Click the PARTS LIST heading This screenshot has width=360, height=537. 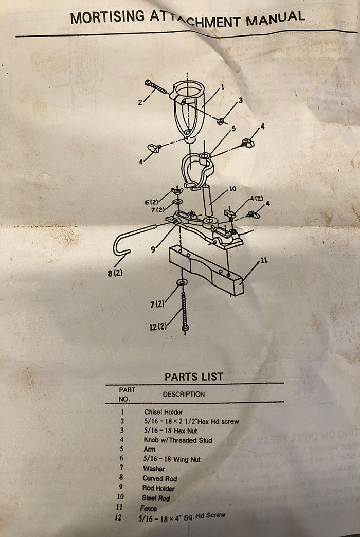(x=194, y=377)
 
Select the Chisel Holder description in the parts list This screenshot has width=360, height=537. (x=164, y=412)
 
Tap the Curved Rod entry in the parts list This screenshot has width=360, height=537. (x=160, y=478)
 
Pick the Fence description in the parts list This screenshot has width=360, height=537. (x=149, y=508)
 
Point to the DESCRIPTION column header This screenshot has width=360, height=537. (x=184, y=394)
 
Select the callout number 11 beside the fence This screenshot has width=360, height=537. (x=263, y=261)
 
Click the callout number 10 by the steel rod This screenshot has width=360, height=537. (x=232, y=189)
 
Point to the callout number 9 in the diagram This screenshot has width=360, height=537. (x=153, y=250)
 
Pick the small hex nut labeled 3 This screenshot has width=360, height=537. (x=220, y=121)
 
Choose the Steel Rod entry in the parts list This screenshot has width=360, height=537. (x=155, y=498)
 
